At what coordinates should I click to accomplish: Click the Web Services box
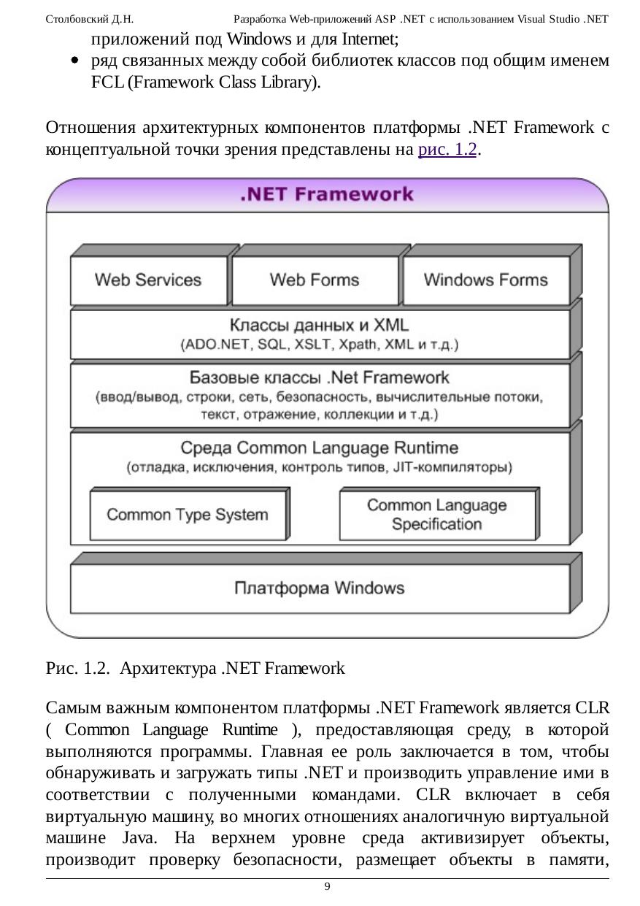(x=148, y=280)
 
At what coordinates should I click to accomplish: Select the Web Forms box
(x=315, y=280)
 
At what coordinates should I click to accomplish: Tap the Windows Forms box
(x=485, y=280)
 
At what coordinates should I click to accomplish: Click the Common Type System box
(x=188, y=515)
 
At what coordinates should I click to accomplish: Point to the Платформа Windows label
(x=320, y=588)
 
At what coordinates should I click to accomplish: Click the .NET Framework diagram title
(x=326, y=194)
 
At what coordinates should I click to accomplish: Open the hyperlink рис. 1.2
(x=447, y=150)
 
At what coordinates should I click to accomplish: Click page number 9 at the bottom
(x=327, y=886)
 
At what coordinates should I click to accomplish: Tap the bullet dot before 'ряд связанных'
(x=76, y=62)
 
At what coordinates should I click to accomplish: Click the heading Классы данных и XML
(x=320, y=325)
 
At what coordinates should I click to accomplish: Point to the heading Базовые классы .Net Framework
(x=320, y=377)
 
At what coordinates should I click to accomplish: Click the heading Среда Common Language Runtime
(x=320, y=447)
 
